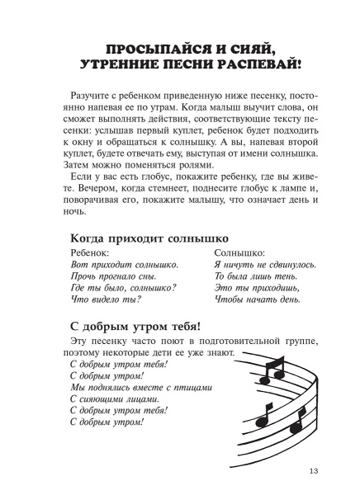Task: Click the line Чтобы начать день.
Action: (x=250, y=313)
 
